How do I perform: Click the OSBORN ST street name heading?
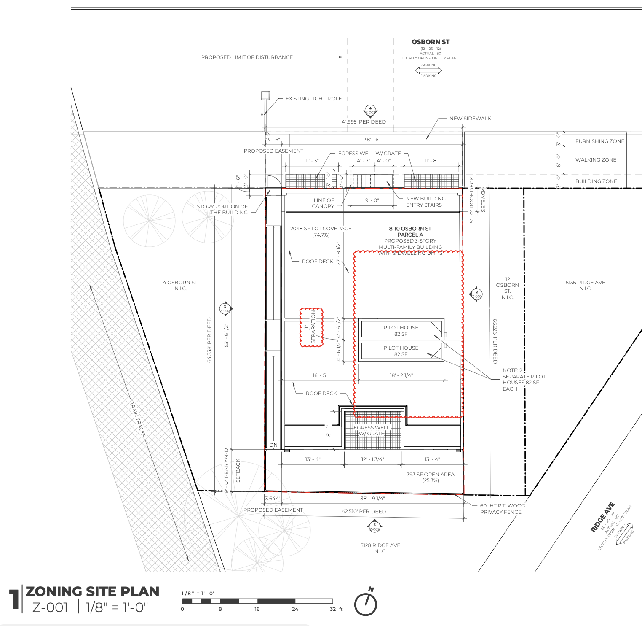431,42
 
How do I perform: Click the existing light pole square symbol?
265,96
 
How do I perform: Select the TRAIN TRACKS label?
138,420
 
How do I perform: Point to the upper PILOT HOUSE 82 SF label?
401,331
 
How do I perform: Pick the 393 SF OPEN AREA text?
431,477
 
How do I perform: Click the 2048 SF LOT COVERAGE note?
321,231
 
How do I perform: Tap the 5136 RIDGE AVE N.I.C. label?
585,286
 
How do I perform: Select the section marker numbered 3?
225,309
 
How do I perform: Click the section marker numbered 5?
374,527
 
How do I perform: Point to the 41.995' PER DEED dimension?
364,122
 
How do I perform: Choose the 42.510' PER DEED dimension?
364,512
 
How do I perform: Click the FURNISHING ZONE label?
599,141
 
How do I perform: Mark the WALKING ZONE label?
596,160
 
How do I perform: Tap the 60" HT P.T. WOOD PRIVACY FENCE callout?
502,509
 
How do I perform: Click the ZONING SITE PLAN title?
93,591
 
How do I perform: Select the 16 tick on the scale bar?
257,609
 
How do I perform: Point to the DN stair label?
273,445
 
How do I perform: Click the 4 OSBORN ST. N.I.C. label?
180,286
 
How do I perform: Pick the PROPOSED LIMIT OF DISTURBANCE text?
247,57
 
